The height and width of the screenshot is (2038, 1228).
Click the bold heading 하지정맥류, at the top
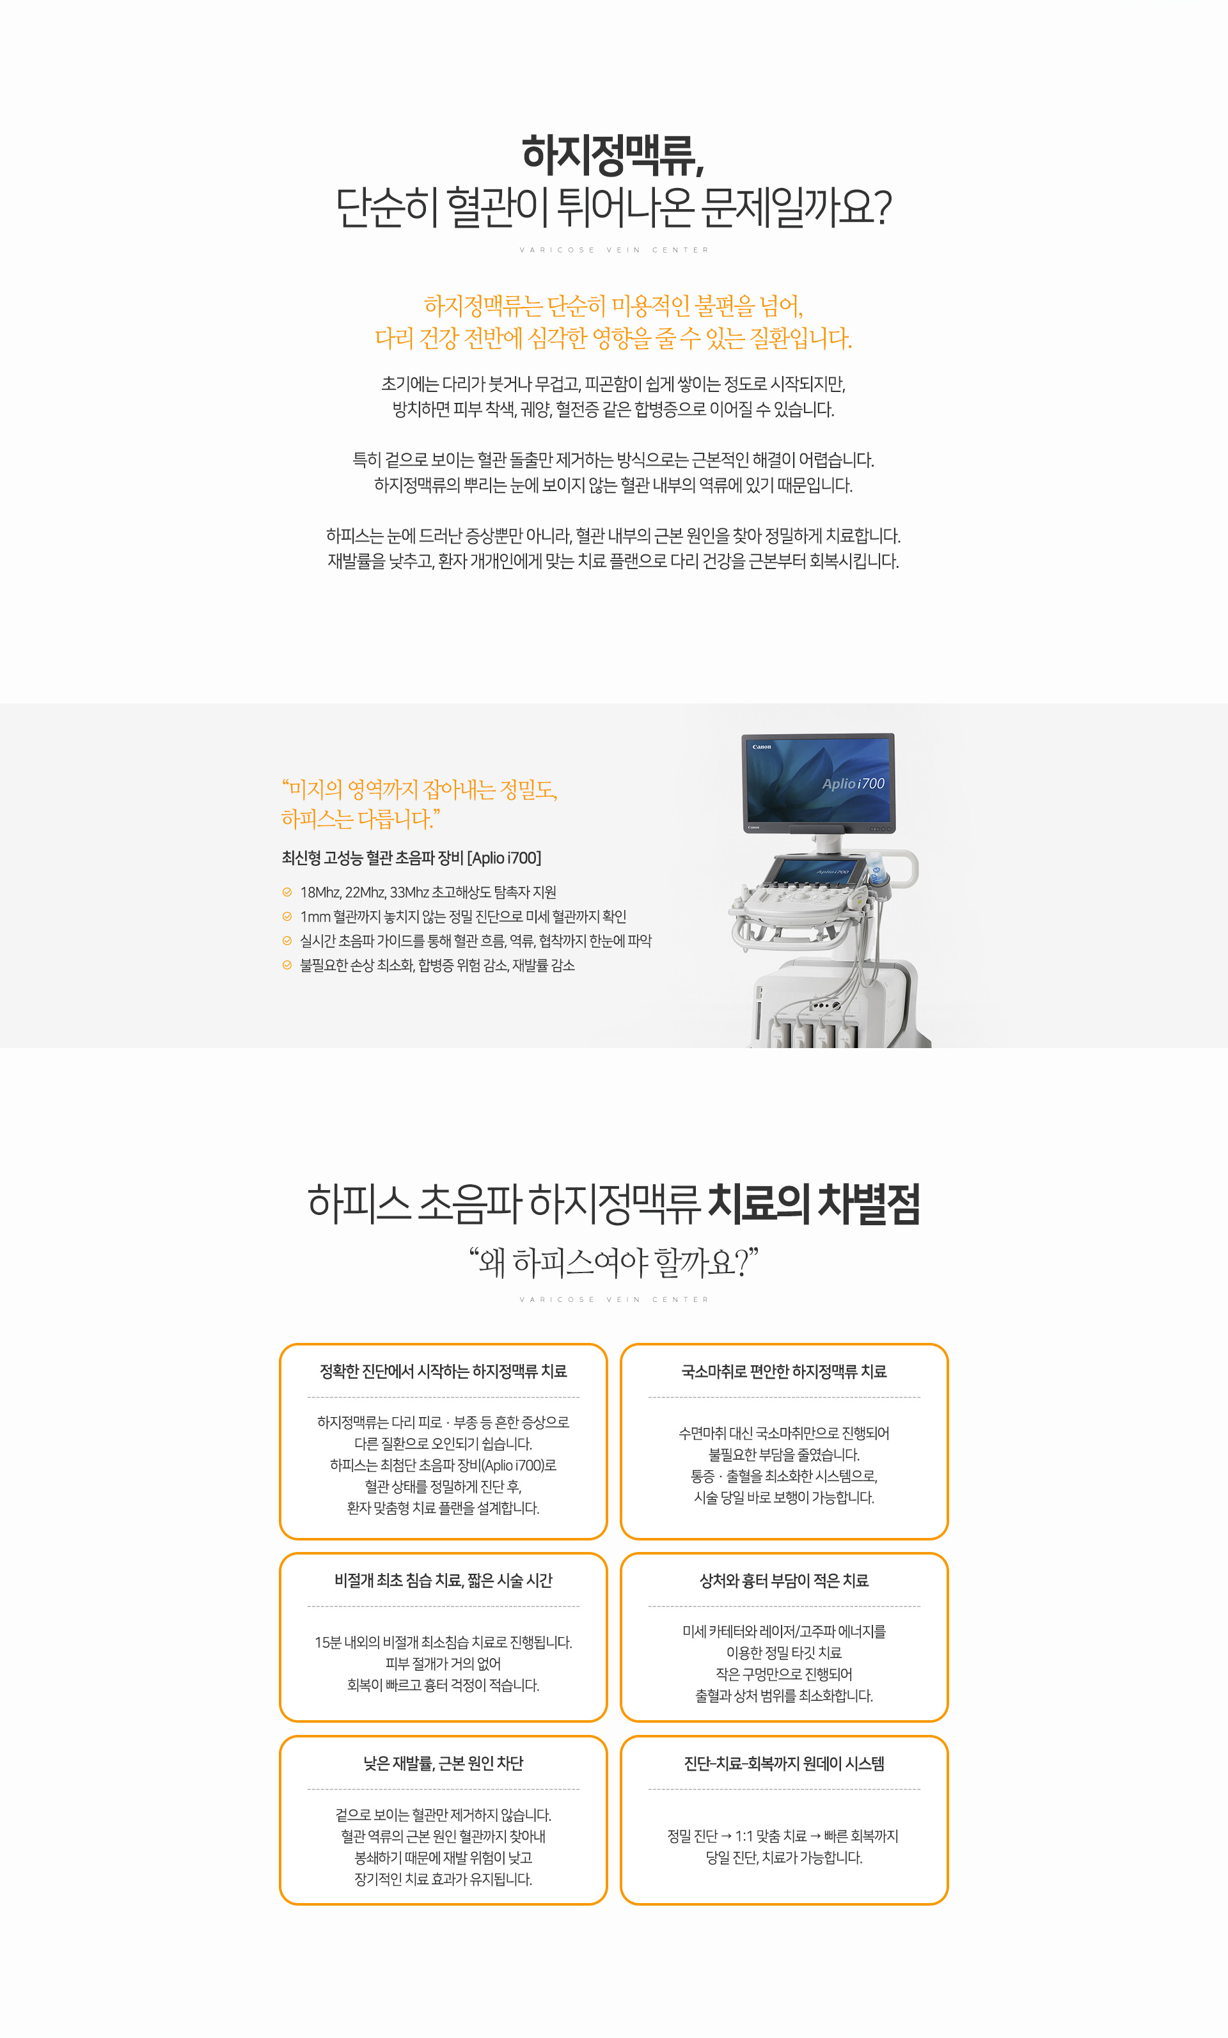point(613,155)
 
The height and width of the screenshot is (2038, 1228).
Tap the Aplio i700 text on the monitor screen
point(853,783)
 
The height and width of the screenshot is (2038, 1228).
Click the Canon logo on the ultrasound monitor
point(761,747)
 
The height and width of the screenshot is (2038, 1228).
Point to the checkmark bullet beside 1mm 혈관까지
point(287,916)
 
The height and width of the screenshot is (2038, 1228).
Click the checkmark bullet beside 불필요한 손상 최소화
point(287,965)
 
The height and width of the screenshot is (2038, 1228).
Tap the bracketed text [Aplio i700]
point(504,858)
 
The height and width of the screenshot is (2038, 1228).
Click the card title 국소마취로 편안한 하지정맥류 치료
point(783,1371)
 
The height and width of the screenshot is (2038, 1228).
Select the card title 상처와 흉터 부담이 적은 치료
point(783,1581)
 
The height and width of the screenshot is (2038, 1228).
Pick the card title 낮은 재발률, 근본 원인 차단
point(443,1764)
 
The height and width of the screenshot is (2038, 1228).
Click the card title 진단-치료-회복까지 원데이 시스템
point(783,1764)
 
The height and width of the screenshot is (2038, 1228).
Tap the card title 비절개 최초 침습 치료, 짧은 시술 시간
point(443,1581)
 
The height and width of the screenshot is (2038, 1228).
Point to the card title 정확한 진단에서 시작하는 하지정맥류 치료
point(443,1371)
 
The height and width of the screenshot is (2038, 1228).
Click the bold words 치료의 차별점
point(814,1203)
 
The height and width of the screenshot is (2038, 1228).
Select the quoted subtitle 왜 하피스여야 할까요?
point(613,1262)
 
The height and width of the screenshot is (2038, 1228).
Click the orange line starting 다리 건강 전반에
point(613,338)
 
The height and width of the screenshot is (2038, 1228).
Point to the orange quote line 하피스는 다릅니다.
point(361,819)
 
